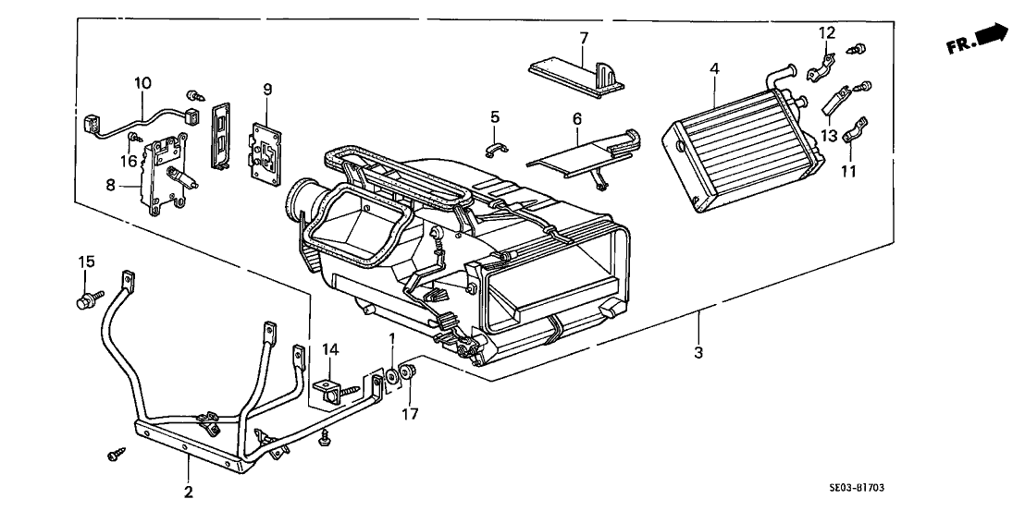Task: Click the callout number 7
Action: tap(584, 38)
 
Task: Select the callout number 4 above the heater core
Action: tap(714, 68)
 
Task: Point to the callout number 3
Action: tap(698, 352)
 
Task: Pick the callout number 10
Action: tap(142, 83)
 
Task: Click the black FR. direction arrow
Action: tap(992, 35)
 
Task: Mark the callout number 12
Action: tap(827, 33)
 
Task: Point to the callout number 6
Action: tap(576, 120)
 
